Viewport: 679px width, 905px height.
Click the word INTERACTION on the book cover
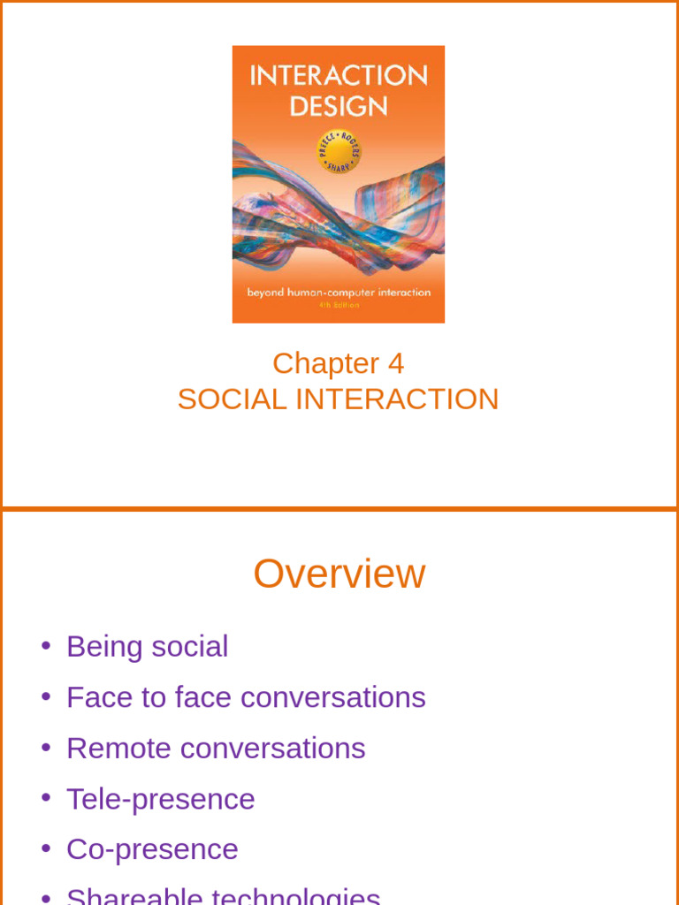(x=339, y=75)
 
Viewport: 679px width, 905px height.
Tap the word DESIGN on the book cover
(x=339, y=107)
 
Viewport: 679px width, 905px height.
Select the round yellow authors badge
(x=339, y=151)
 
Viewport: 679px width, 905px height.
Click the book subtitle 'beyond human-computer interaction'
(x=339, y=292)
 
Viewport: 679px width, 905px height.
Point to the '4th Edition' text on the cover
(x=339, y=306)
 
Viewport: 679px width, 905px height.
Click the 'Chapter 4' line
(x=338, y=363)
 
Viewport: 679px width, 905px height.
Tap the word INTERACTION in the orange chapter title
(x=397, y=399)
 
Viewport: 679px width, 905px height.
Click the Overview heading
(x=339, y=574)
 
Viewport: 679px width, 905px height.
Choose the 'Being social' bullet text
(x=147, y=646)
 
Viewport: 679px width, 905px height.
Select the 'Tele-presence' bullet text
(x=160, y=799)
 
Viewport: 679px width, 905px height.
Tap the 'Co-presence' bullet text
(x=152, y=849)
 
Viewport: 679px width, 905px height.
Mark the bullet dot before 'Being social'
(x=45, y=645)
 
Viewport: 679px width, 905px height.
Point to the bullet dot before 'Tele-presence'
(x=45, y=798)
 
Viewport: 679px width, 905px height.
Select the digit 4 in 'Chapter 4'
(x=395, y=363)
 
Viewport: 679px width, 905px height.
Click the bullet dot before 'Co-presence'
(x=45, y=848)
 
